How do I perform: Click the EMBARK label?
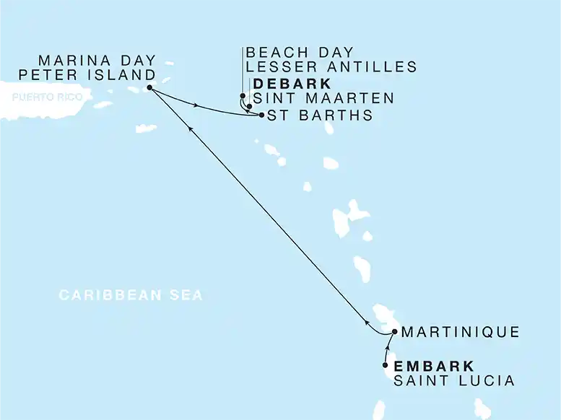coord(434,366)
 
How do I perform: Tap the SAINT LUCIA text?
coord(454,380)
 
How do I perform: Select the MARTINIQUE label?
coord(459,333)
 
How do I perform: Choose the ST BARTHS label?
coord(320,115)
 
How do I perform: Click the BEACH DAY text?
coord(300,53)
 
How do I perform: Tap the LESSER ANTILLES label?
coord(331,68)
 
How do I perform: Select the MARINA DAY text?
coord(97,61)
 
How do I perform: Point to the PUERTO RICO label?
coord(41,97)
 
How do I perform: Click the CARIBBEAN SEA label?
coord(131,295)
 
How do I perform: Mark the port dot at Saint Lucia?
coord(385,365)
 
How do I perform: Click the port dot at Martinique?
coord(393,332)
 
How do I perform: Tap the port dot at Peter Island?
coord(149,88)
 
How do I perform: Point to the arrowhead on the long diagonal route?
coord(191,128)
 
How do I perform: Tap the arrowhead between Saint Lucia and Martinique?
coord(388,347)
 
